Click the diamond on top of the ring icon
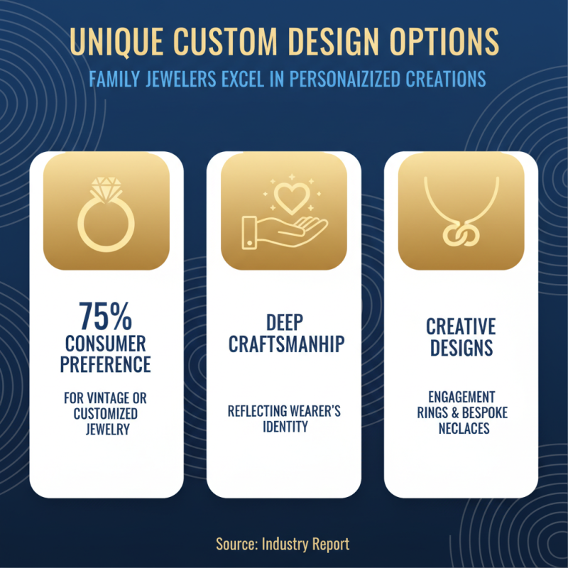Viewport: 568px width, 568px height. tap(106, 188)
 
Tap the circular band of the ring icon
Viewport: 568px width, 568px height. tap(106, 225)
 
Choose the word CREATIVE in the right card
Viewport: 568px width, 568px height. tap(461, 327)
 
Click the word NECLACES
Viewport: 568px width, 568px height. tap(461, 428)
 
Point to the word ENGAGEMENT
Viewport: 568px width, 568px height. tap(461, 397)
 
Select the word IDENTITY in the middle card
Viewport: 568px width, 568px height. tap(284, 427)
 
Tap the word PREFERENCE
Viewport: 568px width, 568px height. tap(106, 364)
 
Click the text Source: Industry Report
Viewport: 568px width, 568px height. tap(283, 544)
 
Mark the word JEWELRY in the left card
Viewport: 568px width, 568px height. tap(106, 429)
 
